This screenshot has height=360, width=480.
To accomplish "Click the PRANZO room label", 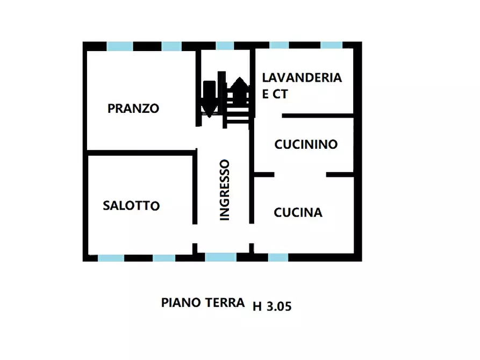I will [133, 109].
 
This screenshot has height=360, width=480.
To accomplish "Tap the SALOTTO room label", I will [131, 206].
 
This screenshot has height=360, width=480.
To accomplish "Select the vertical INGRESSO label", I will [225, 190].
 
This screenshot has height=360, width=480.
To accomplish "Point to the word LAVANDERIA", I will [302, 77].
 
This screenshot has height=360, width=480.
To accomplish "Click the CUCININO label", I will [306, 145].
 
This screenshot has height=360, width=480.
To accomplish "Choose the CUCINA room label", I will [298, 213].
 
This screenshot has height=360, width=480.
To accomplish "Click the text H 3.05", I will [271, 307].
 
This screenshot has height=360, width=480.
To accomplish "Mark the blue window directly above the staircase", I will [224, 46].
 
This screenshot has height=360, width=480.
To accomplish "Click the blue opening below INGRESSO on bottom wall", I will [220, 257].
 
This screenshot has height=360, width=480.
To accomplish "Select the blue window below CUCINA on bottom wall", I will [278, 257].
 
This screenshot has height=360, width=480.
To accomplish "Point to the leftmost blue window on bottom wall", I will [111, 258].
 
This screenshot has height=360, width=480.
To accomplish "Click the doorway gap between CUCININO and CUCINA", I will [300, 175].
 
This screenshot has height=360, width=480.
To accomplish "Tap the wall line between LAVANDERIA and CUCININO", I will [317, 116].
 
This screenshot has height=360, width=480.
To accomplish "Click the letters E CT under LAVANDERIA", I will [275, 94].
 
